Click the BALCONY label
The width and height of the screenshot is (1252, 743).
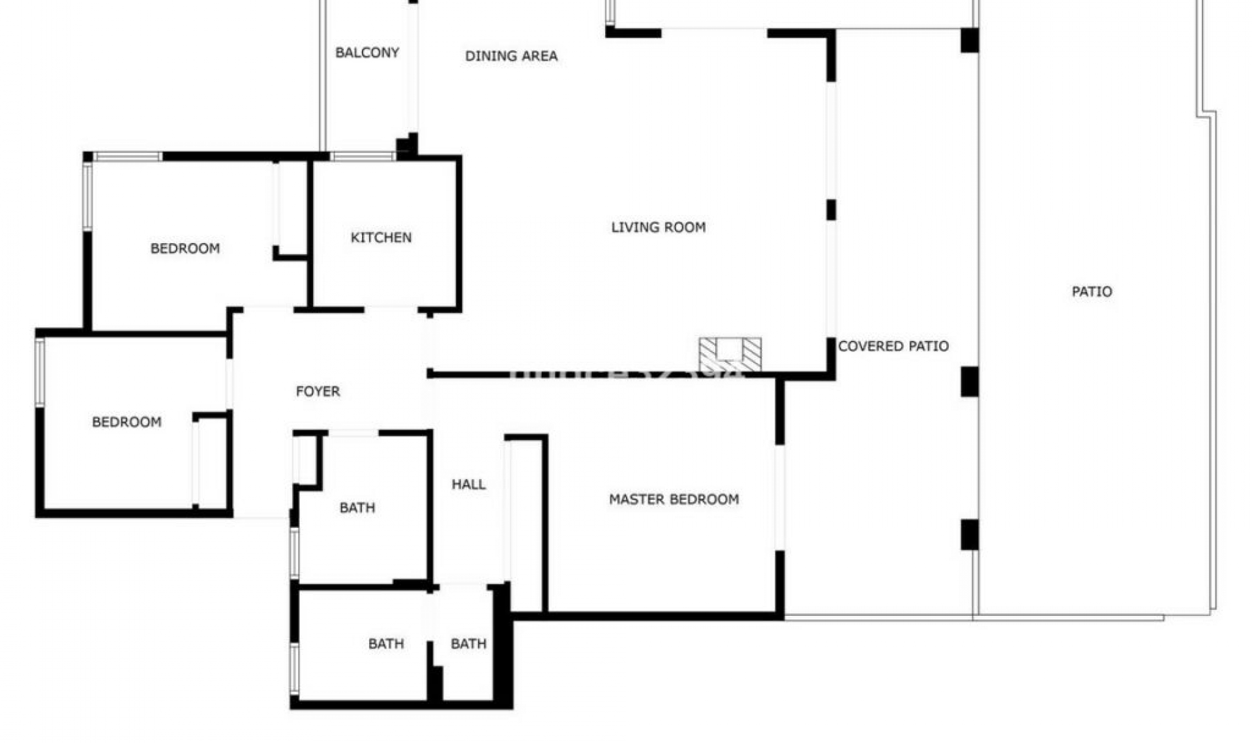pos(367,53)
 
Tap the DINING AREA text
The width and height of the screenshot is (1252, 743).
pos(511,56)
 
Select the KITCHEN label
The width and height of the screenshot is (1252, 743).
pos(381,237)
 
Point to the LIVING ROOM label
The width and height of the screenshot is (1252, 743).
pos(658,227)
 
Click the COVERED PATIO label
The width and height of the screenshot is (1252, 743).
pos(893,346)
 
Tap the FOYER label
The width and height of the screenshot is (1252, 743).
pos(318,391)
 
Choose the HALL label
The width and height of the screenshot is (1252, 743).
pos(468,484)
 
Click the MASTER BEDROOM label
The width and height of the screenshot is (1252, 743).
pos(674,499)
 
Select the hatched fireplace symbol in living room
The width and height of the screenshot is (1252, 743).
pos(730,355)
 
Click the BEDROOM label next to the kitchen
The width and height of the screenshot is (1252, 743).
pos(185,248)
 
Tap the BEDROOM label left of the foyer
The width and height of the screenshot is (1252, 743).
pos(127,422)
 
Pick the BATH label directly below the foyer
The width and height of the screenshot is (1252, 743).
pos(357,508)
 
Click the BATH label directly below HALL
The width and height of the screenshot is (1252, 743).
pos(468,644)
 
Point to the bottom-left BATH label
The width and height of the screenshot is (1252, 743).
pos(385,644)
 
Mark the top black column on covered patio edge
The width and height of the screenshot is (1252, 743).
pos(969,40)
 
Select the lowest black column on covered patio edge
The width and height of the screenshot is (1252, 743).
pos(969,534)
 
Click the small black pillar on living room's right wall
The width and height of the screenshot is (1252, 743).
pos(831,210)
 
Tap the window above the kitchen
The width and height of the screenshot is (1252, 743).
pos(362,156)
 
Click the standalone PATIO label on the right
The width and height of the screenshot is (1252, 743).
pos(1092,291)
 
